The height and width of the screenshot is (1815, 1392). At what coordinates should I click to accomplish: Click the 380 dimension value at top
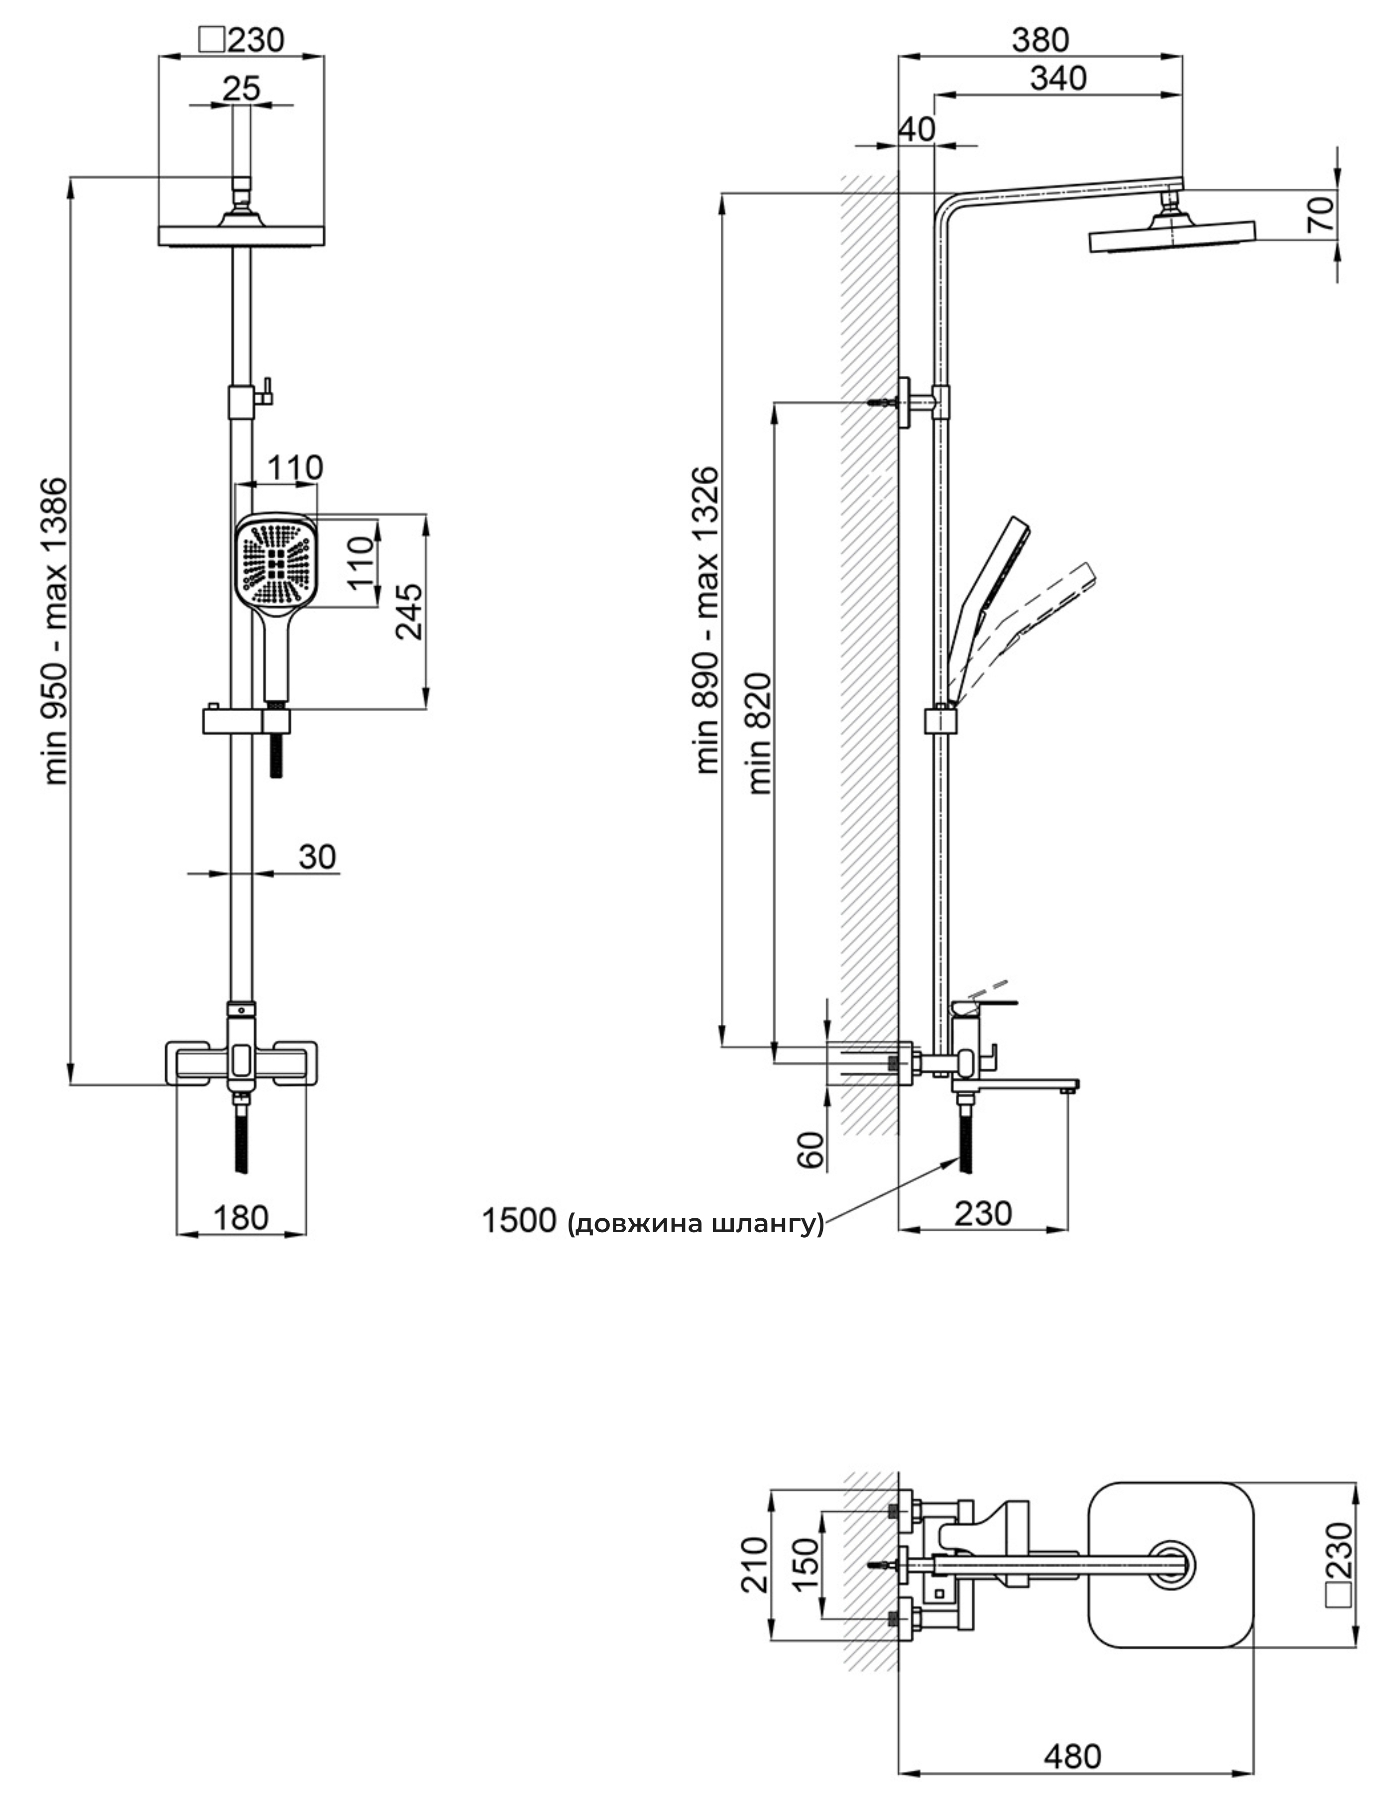point(1041,39)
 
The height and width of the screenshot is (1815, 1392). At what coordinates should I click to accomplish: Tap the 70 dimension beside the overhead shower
point(1323,213)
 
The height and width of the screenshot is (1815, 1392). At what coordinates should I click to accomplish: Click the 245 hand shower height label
point(408,611)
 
